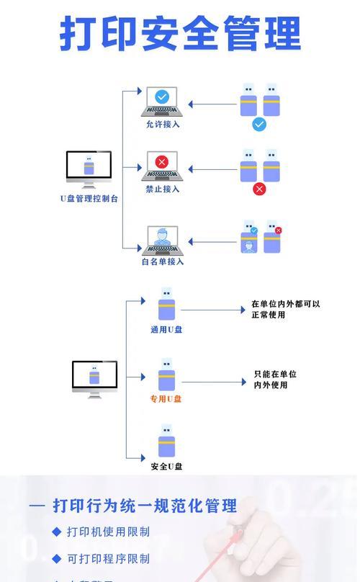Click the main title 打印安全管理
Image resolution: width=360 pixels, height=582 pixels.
(180, 34)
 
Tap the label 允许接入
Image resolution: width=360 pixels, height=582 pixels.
(163, 124)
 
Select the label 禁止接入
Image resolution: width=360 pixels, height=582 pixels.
(163, 189)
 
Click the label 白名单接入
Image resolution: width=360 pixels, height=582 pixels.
(163, 261)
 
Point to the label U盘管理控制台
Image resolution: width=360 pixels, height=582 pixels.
(89, 198)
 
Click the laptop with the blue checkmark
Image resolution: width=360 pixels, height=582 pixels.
(163, 102)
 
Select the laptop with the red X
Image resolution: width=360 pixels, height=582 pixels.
(163, 166)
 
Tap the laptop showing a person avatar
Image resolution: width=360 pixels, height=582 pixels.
(163, 240)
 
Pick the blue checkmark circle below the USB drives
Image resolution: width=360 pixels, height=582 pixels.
(259, 125)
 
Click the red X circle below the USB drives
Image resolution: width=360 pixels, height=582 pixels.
(259, 189)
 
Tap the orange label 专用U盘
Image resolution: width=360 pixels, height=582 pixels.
(166, 398)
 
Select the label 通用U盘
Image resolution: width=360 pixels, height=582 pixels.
(166, 329)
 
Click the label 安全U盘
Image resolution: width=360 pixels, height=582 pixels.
(166, 466)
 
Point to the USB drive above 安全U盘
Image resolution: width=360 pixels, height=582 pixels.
(166, 441)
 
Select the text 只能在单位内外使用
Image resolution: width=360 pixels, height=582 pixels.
(275, 380)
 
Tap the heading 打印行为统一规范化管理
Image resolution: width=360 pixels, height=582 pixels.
(145, 506)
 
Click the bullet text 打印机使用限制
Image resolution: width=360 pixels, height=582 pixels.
(108, 532)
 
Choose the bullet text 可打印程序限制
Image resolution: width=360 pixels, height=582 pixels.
(108, 558)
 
